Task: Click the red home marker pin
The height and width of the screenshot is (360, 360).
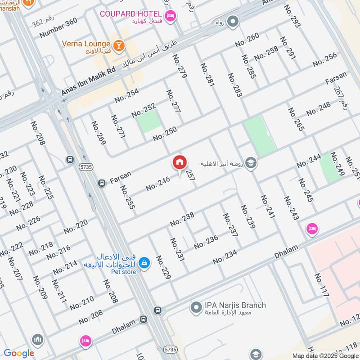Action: click(180, 162)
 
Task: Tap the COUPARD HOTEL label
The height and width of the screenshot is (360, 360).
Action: click(130, 14)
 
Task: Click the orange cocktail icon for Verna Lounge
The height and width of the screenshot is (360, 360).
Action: click(118, 45)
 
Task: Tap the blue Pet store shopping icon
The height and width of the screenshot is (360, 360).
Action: click(144, 262)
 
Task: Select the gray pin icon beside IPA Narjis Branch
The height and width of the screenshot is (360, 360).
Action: click(196, 308)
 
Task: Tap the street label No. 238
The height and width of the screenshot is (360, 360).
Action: click(182, 219)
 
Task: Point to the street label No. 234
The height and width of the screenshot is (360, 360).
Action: click(225, 257)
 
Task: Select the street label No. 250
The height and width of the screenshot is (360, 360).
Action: click(164, 134)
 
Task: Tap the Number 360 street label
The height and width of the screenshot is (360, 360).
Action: click(58, 27)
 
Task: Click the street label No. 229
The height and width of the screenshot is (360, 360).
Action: click(163, 267)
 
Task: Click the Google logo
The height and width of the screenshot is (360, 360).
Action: click(19, 353)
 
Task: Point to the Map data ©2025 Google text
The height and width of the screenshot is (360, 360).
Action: click(325, 355)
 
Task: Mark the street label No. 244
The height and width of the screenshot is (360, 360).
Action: click(308, 161)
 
